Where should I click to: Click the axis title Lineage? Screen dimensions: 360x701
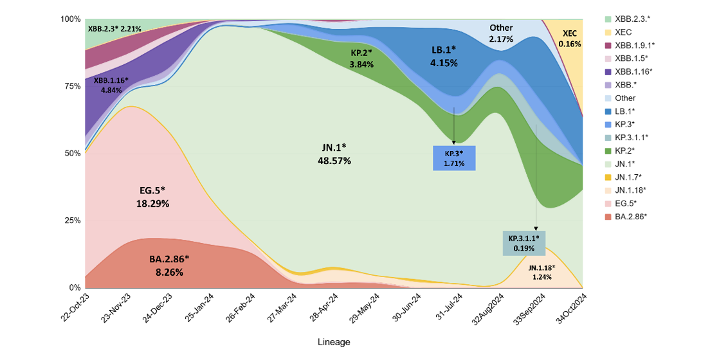334,342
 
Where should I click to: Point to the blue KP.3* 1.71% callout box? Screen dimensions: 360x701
454,158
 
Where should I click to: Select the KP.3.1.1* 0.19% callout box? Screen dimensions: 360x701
523,243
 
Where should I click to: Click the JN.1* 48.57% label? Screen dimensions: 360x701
334,154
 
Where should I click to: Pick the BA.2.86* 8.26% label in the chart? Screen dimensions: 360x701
169,265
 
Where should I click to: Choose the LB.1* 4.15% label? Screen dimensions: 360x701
444,57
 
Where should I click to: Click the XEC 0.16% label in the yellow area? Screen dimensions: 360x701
570,39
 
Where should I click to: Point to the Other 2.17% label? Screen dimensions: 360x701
501,33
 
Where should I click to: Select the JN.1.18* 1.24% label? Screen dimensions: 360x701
542,272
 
